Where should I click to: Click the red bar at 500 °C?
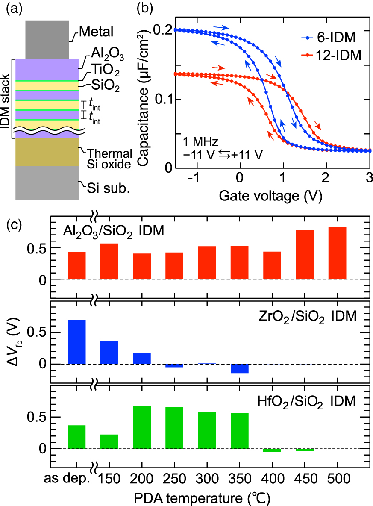pos(337,253)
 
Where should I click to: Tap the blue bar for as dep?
pos(76,342)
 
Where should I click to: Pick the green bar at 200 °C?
pos(141,427)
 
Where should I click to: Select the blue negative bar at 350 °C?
pos(239,368)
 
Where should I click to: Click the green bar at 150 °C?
pos(109,441)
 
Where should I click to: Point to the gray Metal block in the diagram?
pos(47,39)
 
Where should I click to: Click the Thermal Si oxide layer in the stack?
pos(47,152)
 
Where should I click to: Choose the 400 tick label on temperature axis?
pos(272,478)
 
